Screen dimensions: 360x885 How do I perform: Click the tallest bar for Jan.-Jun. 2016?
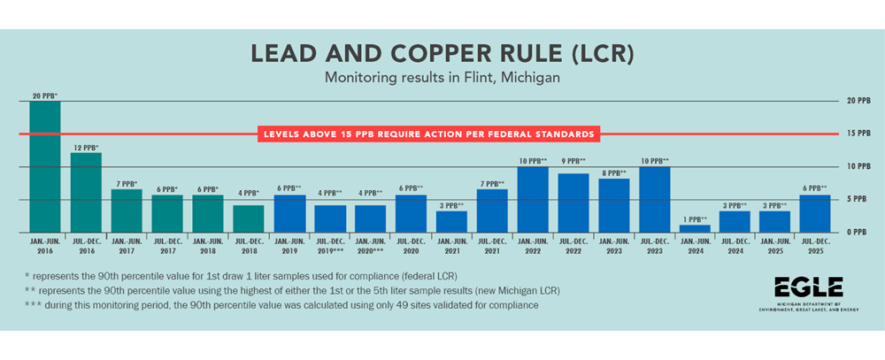tap(45, 166)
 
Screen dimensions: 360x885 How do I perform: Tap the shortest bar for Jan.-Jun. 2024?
tap(695, 228)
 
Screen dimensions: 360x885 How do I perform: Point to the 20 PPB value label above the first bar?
tap(45, 95)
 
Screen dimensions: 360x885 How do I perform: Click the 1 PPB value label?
tap(695, 218)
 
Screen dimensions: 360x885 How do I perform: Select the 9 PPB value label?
tap(573, 161)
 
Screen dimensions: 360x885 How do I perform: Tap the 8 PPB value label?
tap(613, 172)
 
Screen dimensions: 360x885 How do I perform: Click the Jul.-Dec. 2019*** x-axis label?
tap(329, 245)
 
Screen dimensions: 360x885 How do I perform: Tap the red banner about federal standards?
tap(428, 134)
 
